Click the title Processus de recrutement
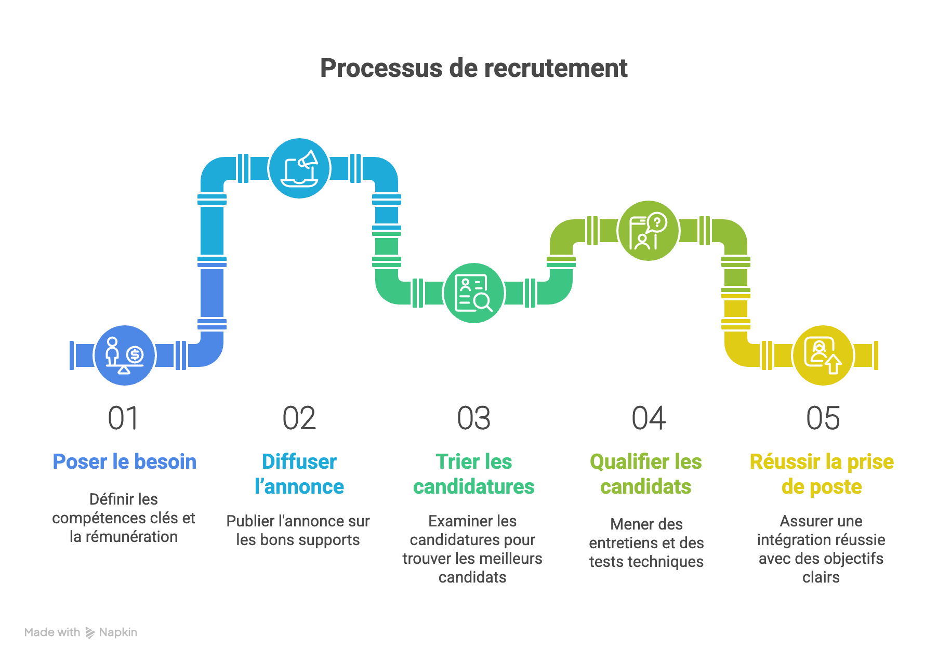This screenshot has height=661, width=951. point(473,68)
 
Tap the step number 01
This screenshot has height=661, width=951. point(124,418)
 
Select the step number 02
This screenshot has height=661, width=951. point(299,418)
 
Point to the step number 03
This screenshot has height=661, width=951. point(473,418)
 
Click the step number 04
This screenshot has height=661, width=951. point(649,418)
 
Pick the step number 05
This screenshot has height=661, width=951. point(823,418)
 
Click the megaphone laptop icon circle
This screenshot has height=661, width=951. point(299,168)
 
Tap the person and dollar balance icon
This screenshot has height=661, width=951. point(125,355)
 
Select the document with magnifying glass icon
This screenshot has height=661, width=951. point(473,293)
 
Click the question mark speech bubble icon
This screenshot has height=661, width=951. point(648,231)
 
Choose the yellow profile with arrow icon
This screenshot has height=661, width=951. point(823,355)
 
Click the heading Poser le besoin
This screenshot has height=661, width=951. point(125,461)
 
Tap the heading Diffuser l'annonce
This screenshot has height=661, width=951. point(299,474)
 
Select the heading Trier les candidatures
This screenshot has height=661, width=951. point(473,474)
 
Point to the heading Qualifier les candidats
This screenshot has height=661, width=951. point(646,474)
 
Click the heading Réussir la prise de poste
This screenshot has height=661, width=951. point(822,474)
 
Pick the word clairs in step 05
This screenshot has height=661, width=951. point(821,577)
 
